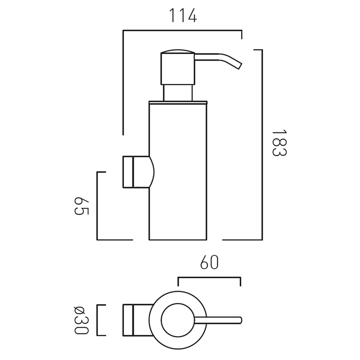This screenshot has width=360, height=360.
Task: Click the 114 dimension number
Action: coord(183,15)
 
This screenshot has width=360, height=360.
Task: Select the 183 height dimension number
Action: coord(279,143)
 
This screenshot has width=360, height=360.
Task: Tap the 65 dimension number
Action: coord(81,206)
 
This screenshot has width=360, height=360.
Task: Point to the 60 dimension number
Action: coord(209,262)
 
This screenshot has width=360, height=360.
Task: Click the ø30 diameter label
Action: coord(81,320)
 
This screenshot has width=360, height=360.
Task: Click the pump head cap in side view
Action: coord(178,67)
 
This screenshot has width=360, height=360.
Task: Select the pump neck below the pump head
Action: coord(178,93)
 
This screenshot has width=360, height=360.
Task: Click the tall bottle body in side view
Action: coord(178,172)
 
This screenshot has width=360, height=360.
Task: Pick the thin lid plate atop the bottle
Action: coord(178,103)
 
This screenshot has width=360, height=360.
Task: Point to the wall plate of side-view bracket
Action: coord(128,172)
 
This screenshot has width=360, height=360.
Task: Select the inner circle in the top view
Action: coord(178,320)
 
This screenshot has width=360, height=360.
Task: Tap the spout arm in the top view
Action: coord(218,320)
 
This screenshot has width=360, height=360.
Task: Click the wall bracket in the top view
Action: coord(138,320)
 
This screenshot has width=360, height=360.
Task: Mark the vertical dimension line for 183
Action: coord(262,144)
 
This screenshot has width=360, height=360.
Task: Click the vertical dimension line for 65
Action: coord(97,206)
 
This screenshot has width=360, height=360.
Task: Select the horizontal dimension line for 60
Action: coord(209,278)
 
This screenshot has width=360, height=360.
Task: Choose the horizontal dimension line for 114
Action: coord(182,30)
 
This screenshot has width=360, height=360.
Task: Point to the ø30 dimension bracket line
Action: coord(97,320)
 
